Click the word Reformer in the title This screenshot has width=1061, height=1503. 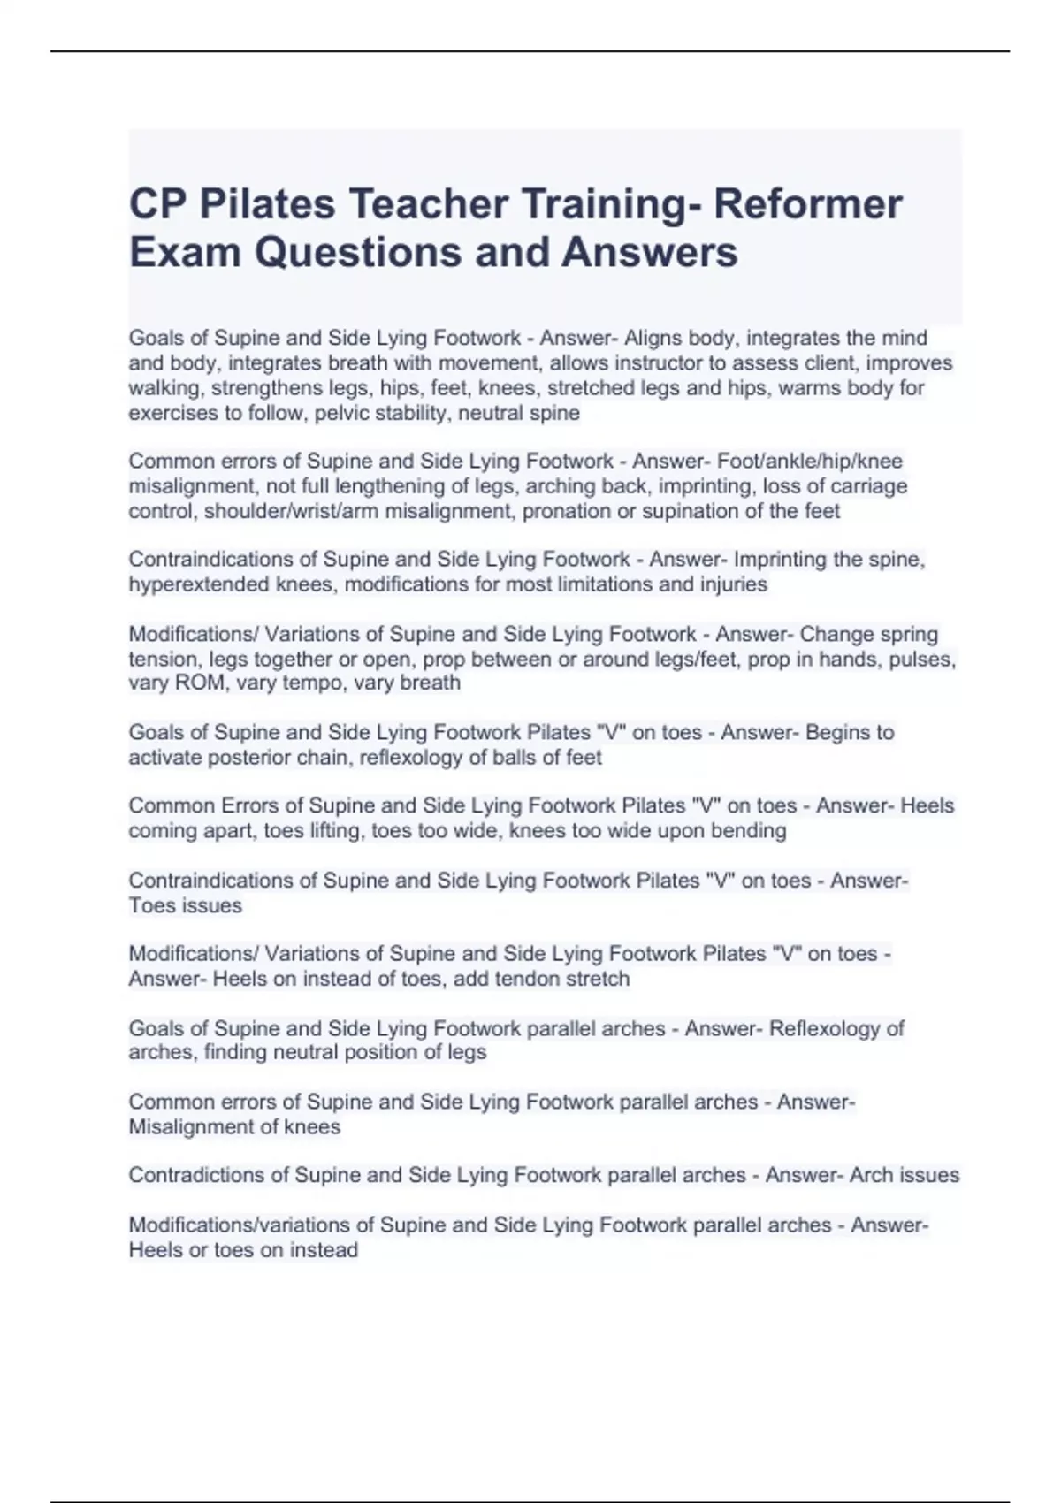(807, 204)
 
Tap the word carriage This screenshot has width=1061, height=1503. (866, 486)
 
